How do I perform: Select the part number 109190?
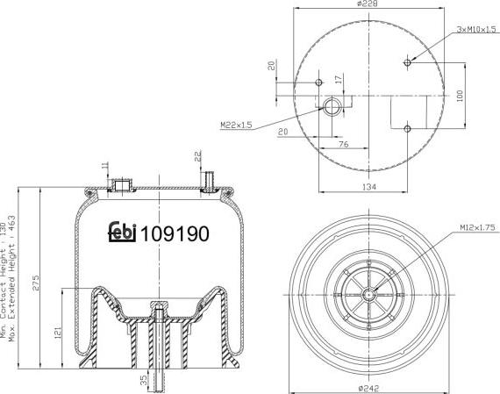pyautogui.click(x=175, y=234)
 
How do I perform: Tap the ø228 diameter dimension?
pyautogui.click(x=368, y=5)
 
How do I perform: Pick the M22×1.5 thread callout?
pyautogui.click(x=236, y=125)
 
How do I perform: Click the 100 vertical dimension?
pyautogui.click(x=458, y=95)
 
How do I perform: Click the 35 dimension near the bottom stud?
pyautogui.click(x=144, y=381)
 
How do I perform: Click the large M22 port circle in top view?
pyautogui.click(x=332, y=107)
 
